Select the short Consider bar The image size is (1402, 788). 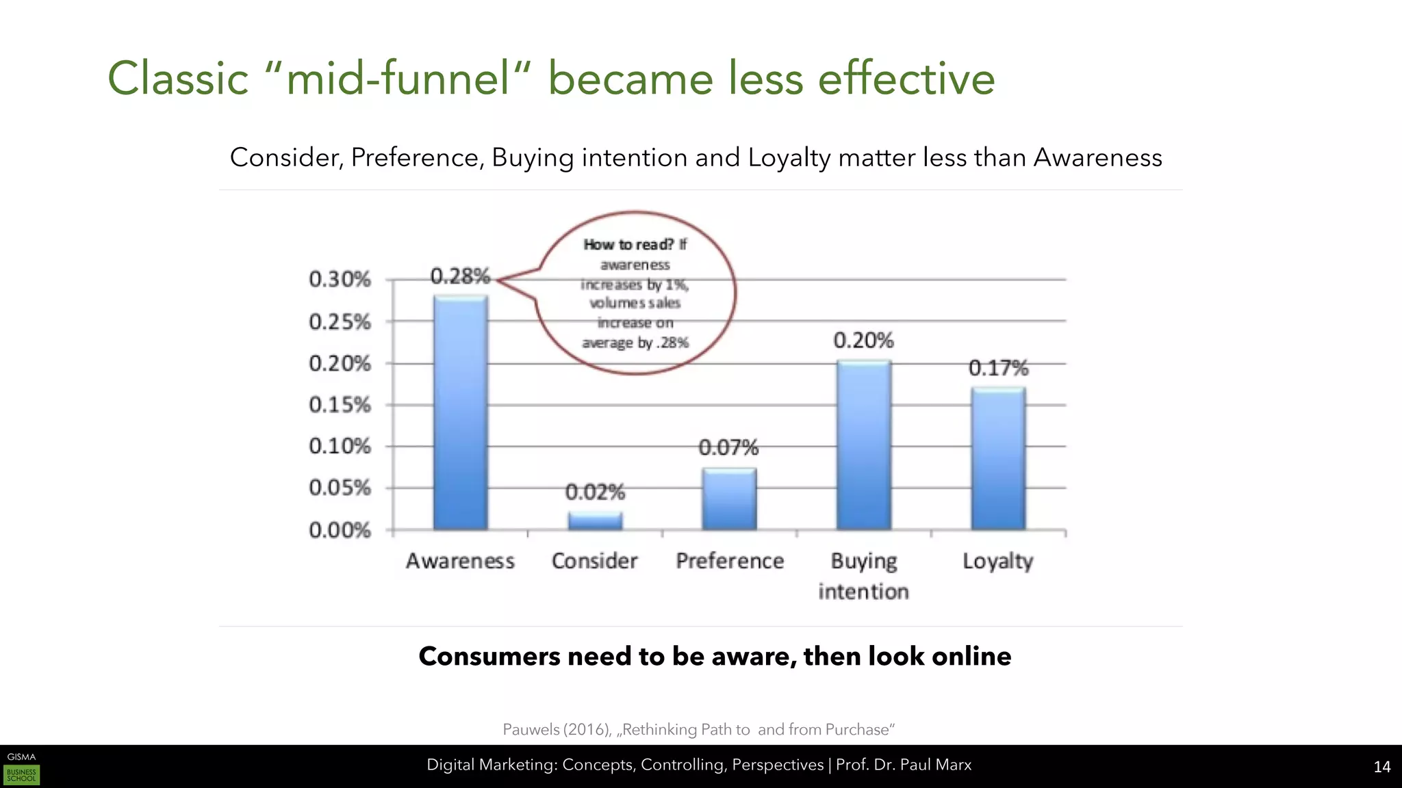tap(595, 521)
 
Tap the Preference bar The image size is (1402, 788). tap(729, 499)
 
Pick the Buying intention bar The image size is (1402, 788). tap(863, 445)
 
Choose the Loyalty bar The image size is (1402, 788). tap(998, 458)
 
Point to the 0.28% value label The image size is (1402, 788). tap(460, 276)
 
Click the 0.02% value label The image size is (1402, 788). tap(595, 492)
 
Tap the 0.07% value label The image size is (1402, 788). tap(728, 447)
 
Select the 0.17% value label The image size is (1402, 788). tap(998, 368)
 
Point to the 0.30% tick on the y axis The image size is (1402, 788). tap(340, 279)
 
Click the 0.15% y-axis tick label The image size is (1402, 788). tap(340, 405)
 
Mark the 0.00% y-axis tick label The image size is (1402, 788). tap(340, 530)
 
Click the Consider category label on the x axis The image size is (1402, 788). tap(594, 561)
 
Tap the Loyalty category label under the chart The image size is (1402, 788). tap(997, 561)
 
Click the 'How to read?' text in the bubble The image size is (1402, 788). tap(628, 244)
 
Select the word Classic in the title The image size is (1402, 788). tap(178, 78)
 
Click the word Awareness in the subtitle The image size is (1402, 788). tap(1097, 157)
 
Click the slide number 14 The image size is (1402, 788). tap(1381, 767)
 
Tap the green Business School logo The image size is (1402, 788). tap(21, 775)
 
